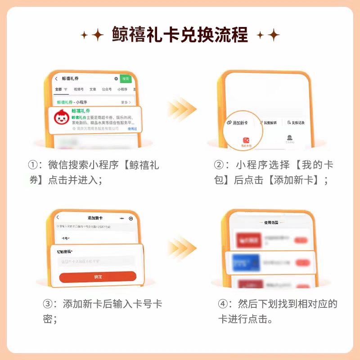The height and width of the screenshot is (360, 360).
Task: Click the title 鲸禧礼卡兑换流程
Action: (x=180, y=35)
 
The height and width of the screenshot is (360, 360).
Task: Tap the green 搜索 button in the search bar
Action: (x=126, y=79)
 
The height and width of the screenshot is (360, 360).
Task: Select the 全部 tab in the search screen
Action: (x=58, y=90)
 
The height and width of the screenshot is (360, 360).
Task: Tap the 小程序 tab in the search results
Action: (x=122, y=90)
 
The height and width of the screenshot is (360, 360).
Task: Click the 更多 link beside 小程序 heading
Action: (x=126, y=103)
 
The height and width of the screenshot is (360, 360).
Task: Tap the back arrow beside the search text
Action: (x=56, y=79)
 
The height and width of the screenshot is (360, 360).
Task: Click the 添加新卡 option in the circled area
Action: (x=237, y=122)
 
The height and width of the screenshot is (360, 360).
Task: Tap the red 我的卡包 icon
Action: (x=246, y=141)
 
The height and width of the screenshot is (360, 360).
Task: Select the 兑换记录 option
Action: (x=296, y=122)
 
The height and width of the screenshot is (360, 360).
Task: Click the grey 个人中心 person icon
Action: (x=290, y=139)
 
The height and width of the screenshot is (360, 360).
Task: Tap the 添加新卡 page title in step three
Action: (x=95, y=218)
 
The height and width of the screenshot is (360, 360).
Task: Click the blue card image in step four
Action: (x=245, y=261)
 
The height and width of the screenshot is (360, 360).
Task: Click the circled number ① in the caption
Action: (x=32, y=165)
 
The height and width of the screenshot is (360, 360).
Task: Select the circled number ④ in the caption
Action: (x=222, y=304)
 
